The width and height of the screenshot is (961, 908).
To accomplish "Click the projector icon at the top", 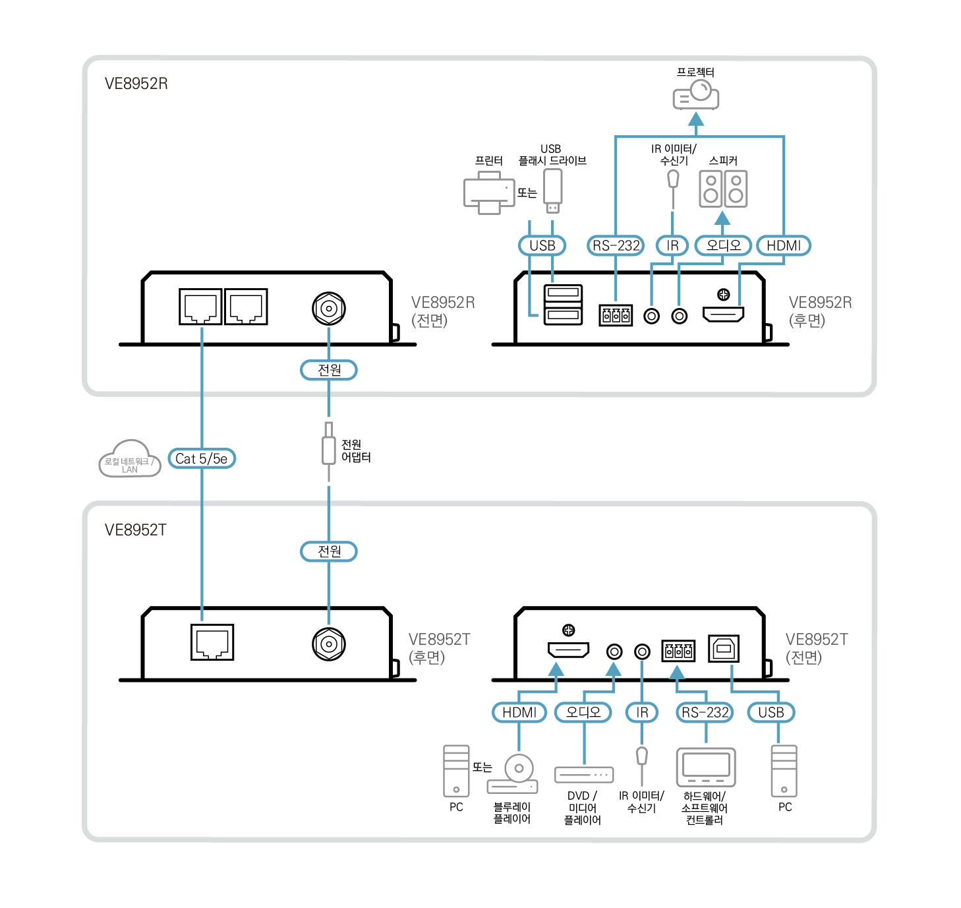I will [x=695, y=96].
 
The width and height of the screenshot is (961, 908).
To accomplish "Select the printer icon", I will [x=488, y=193].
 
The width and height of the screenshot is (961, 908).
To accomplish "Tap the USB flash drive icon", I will [x=552, y=191].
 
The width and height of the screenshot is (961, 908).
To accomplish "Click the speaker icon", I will [x=723, y=189].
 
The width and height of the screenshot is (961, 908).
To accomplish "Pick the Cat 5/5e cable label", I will [x=202, y=458].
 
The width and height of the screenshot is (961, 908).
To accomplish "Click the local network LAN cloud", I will [x=130, y=460].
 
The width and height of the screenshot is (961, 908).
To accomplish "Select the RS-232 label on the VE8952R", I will [x=616, y=245].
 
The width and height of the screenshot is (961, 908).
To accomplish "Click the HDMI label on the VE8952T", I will [x=519, y=712].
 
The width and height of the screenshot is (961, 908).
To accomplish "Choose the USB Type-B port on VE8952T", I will [x=724, y=649].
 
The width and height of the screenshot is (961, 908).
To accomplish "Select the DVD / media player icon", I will [x=584, y=774].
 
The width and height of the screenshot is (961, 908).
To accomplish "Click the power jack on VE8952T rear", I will [x=329, y=644].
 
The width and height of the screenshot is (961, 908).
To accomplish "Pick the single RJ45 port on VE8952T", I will [x=212, y=642].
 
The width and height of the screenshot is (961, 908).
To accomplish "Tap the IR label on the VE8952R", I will [x=672, y=245].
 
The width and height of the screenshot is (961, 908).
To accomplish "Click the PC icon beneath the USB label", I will [x=784, y=771].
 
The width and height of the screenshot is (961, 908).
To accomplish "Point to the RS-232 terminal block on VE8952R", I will [x=616, y=315].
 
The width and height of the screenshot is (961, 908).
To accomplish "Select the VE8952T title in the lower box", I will [x=136, y=530].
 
